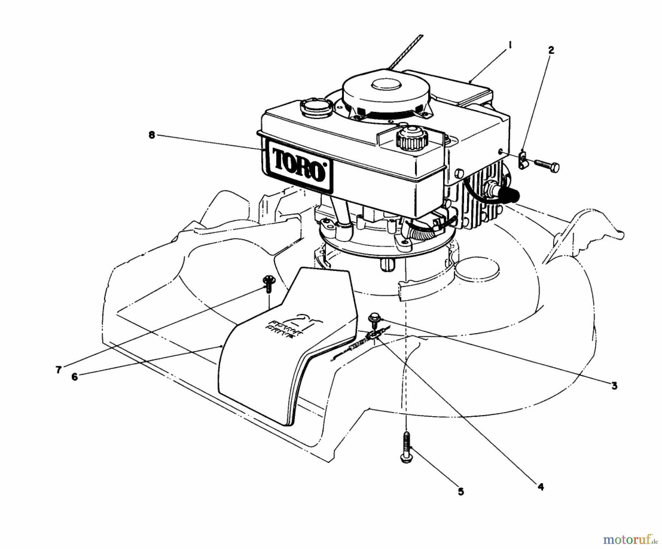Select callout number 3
pos(614,386)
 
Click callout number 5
pos(461,492)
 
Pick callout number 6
pos(75,377)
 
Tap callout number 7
pos(58,370)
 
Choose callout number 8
pos(152,135)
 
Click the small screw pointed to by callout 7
pos(268,283)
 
